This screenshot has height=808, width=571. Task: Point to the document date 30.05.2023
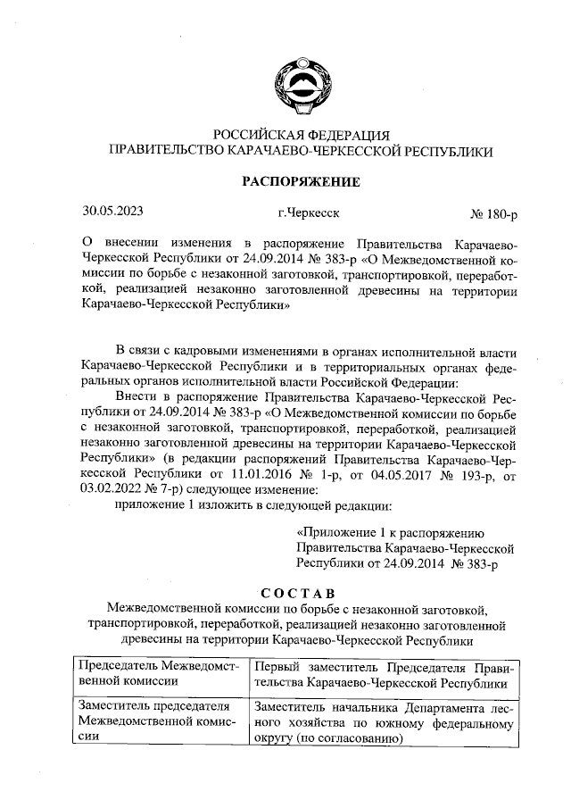click(x=112, y=213)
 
